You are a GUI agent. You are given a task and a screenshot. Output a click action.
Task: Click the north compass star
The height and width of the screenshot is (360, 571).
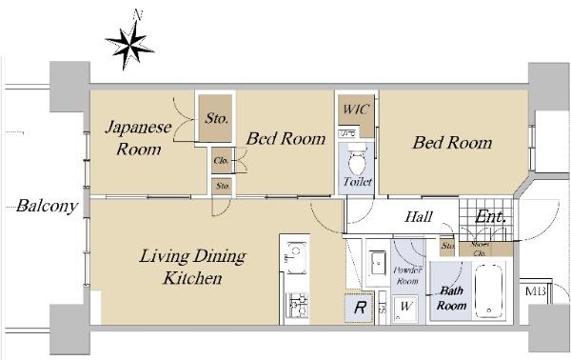(128, 42)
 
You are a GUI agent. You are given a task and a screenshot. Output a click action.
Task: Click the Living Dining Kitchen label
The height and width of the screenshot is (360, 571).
(193, 268)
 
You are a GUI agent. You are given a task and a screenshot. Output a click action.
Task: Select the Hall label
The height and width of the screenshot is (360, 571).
(419, 217)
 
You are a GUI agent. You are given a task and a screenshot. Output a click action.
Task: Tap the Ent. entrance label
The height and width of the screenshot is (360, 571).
(490, 217)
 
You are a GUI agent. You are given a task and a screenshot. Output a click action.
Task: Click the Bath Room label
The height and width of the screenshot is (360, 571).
(451, 299)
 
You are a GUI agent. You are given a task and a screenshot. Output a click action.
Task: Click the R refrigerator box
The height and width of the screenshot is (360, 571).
(359, 307)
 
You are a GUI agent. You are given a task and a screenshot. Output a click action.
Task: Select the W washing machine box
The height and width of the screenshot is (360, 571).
(406, 307)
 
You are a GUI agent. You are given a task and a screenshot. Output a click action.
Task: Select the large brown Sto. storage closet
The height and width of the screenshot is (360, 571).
(216, 120)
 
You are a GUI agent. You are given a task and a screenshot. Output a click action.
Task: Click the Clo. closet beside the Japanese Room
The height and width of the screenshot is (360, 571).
(222, 161)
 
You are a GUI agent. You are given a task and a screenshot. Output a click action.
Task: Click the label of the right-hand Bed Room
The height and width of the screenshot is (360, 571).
(451, 143)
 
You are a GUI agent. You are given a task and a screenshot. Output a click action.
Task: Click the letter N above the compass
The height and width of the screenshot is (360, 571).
(138, 14)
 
